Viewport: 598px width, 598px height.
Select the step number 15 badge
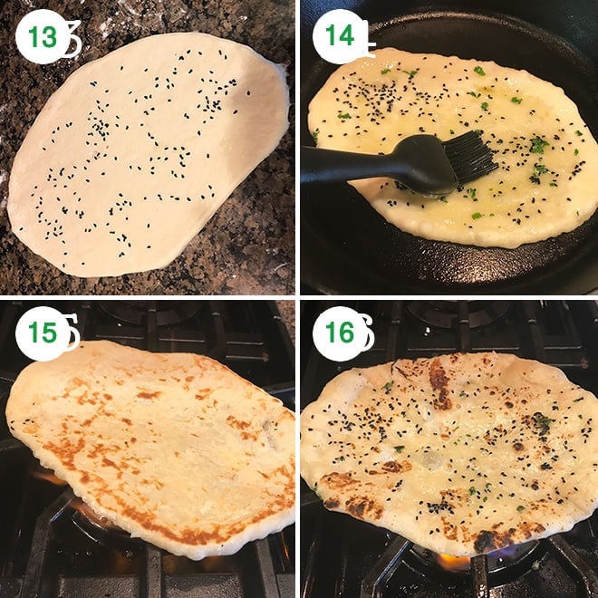click(x=42, y=333)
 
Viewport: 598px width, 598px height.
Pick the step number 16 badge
click(x=339, y=333)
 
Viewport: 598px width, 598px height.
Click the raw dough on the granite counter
click(x=145, y=163)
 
